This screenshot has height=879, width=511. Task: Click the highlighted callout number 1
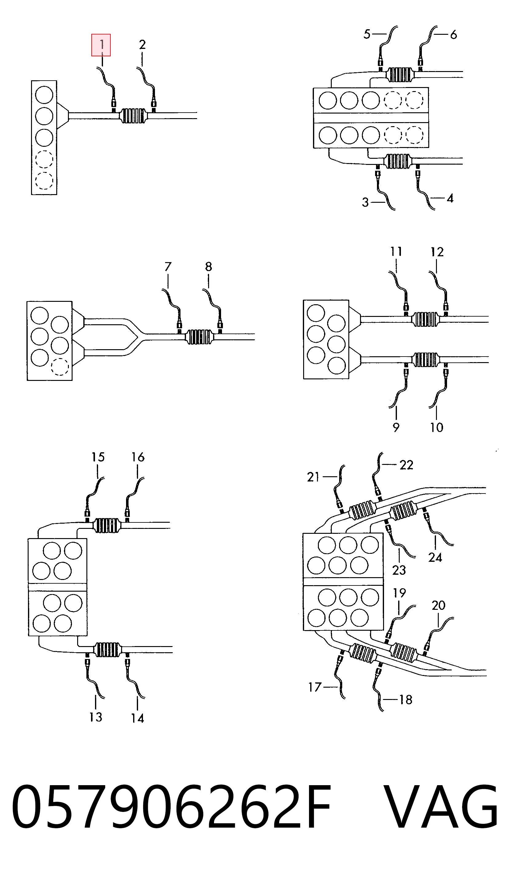coord(101,45)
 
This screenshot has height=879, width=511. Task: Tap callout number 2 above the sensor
coord(142,45)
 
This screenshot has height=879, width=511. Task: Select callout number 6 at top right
coord(453,34)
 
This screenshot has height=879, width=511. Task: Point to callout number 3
coord(365,202)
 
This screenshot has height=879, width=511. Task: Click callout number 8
coord(208,266)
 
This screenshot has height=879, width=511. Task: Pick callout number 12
coord(437,252)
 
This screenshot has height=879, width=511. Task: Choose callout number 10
coord(436,427)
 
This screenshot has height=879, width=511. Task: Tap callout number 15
coord(98,457)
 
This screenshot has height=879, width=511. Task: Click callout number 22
coord(406,465)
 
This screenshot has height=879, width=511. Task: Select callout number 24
coord(435,557)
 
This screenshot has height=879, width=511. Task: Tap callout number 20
coord(438,605)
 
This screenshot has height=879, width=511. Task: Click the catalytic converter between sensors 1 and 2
coord(133,115)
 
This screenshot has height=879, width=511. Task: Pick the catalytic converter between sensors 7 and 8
coord(199,337)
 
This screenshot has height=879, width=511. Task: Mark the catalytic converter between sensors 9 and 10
coord(425,360)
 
